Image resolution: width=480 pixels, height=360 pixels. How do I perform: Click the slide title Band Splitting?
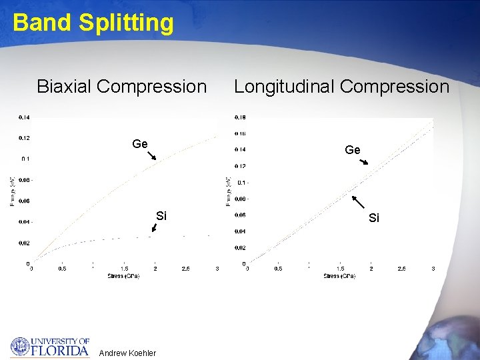tap(93, 23)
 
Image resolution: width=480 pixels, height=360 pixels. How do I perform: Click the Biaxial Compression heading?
tap(122, 87)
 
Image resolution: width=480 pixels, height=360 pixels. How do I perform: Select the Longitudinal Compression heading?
tap(341, 87)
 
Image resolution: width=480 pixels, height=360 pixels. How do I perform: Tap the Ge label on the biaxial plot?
tap(140, 143)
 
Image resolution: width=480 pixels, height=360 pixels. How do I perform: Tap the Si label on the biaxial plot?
tap(161, 215)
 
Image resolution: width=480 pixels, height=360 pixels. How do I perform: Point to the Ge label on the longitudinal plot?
tap(353, 150)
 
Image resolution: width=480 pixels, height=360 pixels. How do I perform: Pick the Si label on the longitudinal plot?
tap(374, 218)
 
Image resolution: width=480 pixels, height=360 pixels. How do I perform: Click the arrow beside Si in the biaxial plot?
tap(155, 227)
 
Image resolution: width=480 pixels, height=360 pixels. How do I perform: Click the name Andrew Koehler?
tap(127, 353)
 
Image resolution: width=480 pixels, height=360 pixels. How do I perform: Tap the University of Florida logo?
tap(50, 347)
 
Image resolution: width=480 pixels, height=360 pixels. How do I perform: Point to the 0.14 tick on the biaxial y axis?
tap(24, 117)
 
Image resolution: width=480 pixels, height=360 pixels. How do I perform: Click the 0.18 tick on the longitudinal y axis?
tap(240, 118)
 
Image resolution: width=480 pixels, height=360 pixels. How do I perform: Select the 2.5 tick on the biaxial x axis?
tap(185, 269)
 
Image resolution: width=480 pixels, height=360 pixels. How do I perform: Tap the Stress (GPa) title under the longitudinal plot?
tap(339, 275)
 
